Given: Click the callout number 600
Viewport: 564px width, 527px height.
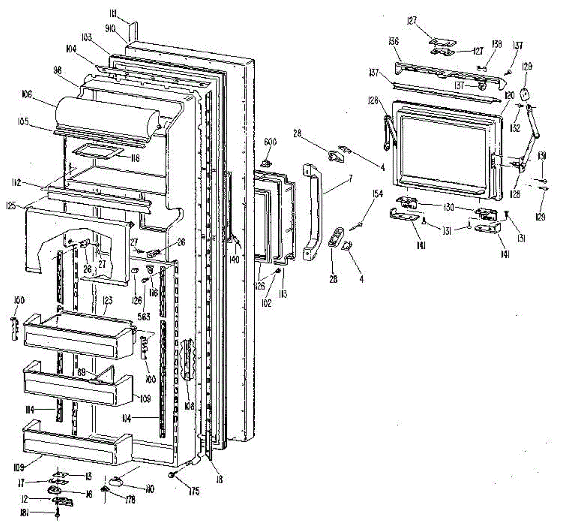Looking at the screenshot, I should (x=270, y=142).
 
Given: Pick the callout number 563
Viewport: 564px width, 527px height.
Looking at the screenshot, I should (x=143, y=317).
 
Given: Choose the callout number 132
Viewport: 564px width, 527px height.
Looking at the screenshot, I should (x=516, y=128).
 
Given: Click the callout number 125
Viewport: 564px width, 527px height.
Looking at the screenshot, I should (x=23, y=206).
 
